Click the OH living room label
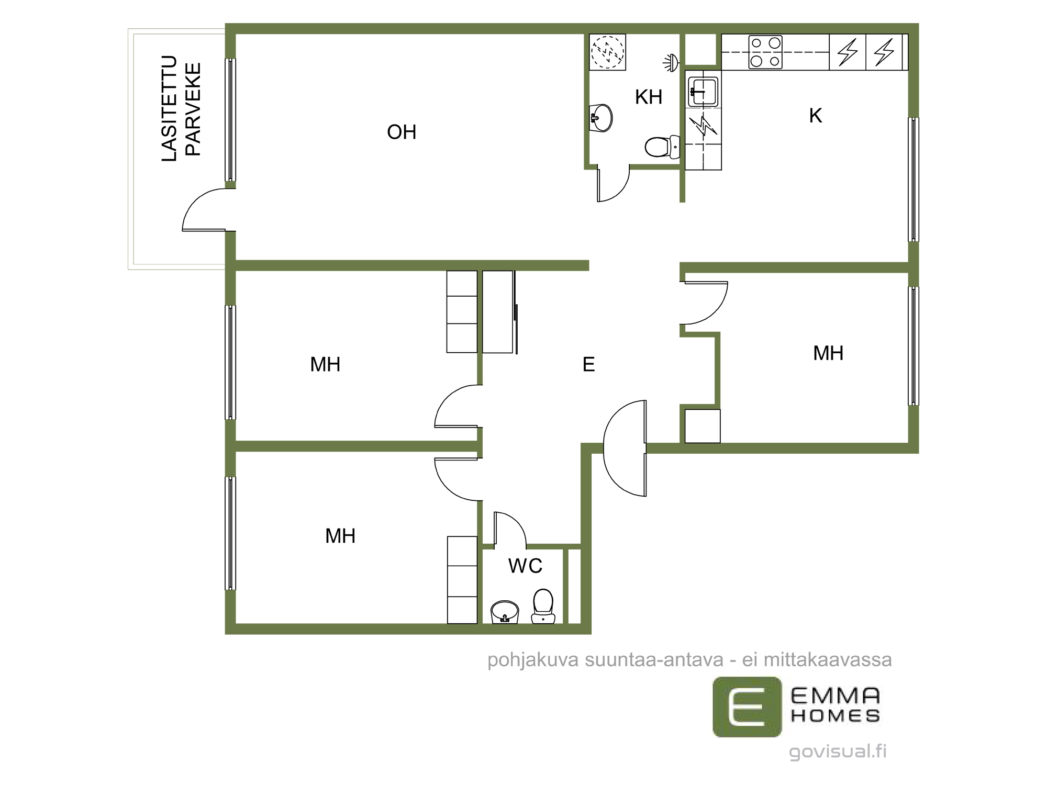pos(402,132)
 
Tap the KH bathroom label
pos(649,97)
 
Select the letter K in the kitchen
pos(816,116)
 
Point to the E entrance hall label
pos(589,364)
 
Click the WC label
pos(525,566)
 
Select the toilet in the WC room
pos(543,606)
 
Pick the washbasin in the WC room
pos(505,612)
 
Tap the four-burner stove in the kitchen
pos(765,52)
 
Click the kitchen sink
pos(703,92)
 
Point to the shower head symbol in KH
pos(671,62)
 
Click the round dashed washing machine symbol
pos(607,52)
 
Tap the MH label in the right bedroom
pos(828,353)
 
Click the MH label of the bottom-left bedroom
pos(340,536)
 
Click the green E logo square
pos(747,707)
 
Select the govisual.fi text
pos(838,752)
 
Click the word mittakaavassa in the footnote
pos(828,660)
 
